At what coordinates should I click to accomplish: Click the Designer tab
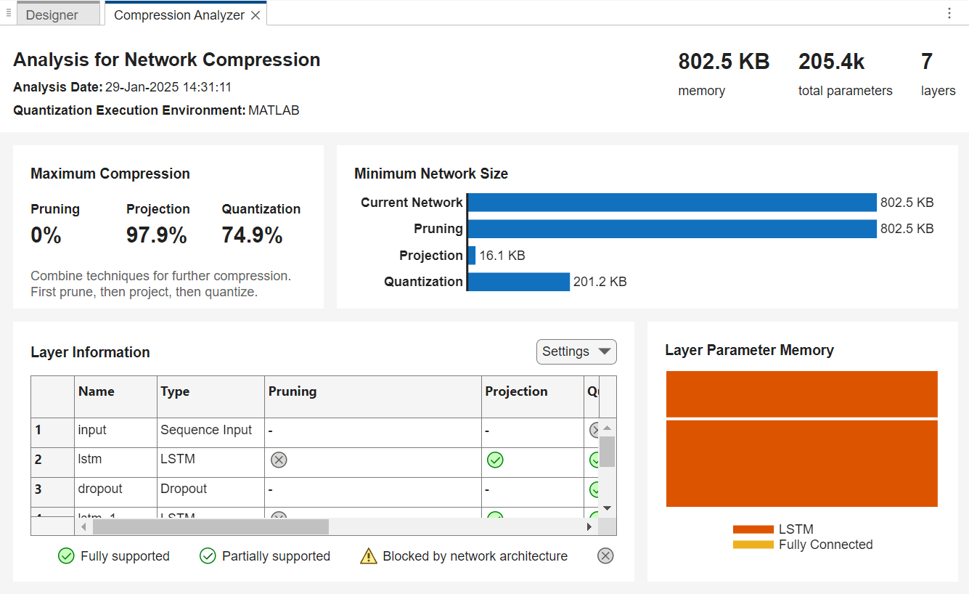52,15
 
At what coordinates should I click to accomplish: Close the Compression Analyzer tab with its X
255,15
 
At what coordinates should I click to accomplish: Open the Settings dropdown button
576,351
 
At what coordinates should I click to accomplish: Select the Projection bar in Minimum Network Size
472,256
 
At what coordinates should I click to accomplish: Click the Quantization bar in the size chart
519,282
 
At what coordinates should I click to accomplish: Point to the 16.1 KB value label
502,256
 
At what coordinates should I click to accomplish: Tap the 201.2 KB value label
600,282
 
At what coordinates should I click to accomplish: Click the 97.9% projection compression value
157,235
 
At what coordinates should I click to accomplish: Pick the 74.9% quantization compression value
253,235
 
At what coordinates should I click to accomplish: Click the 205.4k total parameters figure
832,62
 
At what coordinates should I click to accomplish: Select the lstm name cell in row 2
90,459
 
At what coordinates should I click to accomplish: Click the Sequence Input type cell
206,430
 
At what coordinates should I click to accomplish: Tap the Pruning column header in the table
293,391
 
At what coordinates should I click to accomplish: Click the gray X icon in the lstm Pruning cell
279,460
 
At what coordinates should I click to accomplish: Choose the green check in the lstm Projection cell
495,460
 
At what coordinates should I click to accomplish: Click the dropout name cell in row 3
100,489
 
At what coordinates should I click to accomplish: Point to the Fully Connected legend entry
825,545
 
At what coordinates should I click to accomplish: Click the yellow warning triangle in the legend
369,556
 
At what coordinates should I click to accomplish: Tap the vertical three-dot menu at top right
949,13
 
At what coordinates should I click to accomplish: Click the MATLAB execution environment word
274,110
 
